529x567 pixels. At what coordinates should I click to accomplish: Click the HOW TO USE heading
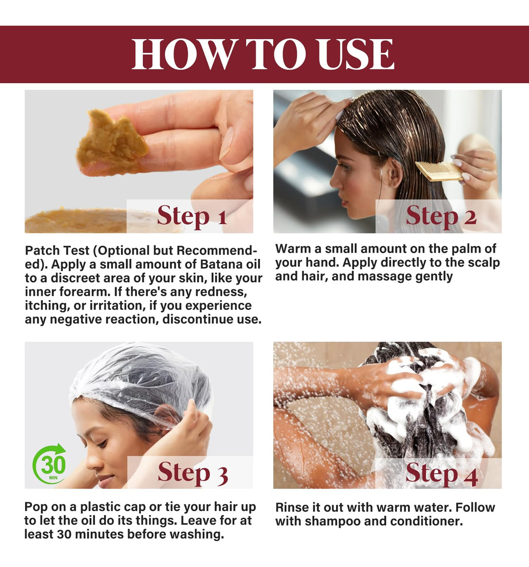click(x=263, y=54)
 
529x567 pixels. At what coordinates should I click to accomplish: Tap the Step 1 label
click(x=192, y=216)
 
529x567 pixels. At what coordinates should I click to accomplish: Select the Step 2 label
click(x=441, y=216)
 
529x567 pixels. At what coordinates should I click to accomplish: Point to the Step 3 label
click(x=192, y=473)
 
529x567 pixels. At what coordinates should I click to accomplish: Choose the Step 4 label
click(x=442, y=473)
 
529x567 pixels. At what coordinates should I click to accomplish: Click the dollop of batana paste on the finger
click(x=112, y=143)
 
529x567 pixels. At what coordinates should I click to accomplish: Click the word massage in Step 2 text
click(x=385, y=276)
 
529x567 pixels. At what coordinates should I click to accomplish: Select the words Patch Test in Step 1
click(x=57, y=251)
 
